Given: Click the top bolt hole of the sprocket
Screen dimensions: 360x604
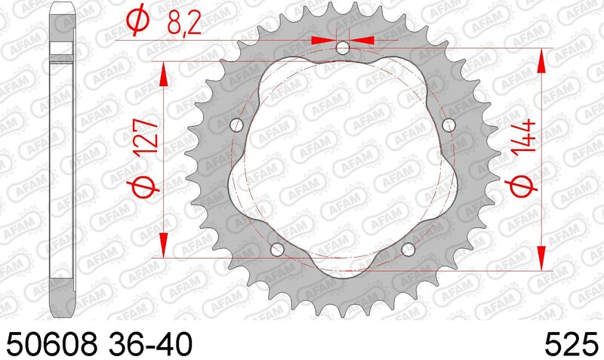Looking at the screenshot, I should click(x=343, y=49).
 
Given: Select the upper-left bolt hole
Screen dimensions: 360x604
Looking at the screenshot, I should click(x=236, y=125).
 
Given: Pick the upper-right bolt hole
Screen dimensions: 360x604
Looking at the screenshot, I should click(x=450, y=125).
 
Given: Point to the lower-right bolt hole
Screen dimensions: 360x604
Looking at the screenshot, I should click(x=409, y=249).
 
